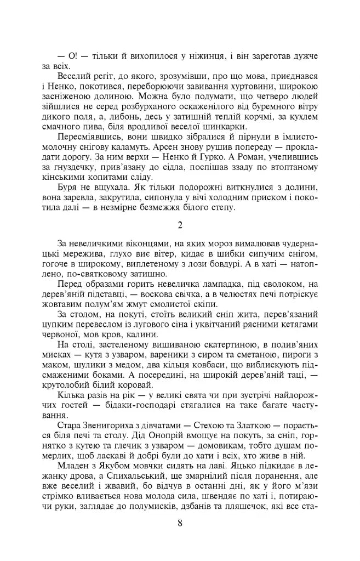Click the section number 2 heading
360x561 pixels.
click(x=180, y=224)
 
